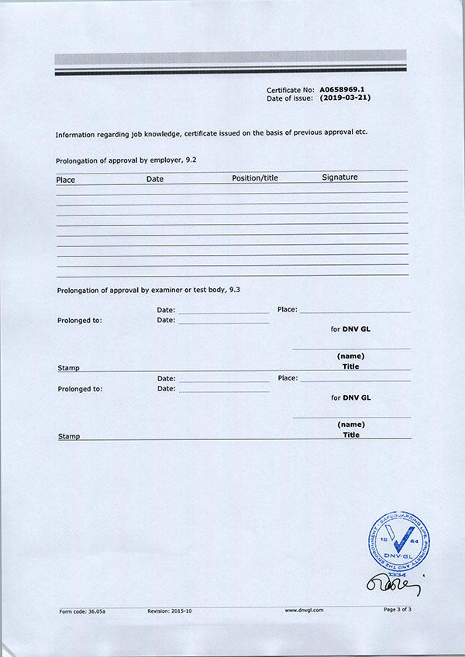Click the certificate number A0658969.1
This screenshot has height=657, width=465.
pos(346,90)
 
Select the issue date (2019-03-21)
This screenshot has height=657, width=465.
pos(346,98)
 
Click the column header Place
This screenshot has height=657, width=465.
pos(66,179)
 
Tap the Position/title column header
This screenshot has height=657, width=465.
pos(255,178)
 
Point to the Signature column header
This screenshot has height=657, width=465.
pos(339,177)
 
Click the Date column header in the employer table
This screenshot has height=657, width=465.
pos(155,179)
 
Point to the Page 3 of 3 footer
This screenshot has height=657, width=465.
pos(398,610)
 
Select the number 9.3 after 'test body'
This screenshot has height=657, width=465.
pos(232,290)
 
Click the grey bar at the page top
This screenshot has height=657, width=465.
pos(230,57)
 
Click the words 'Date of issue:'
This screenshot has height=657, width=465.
pos(290,98)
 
